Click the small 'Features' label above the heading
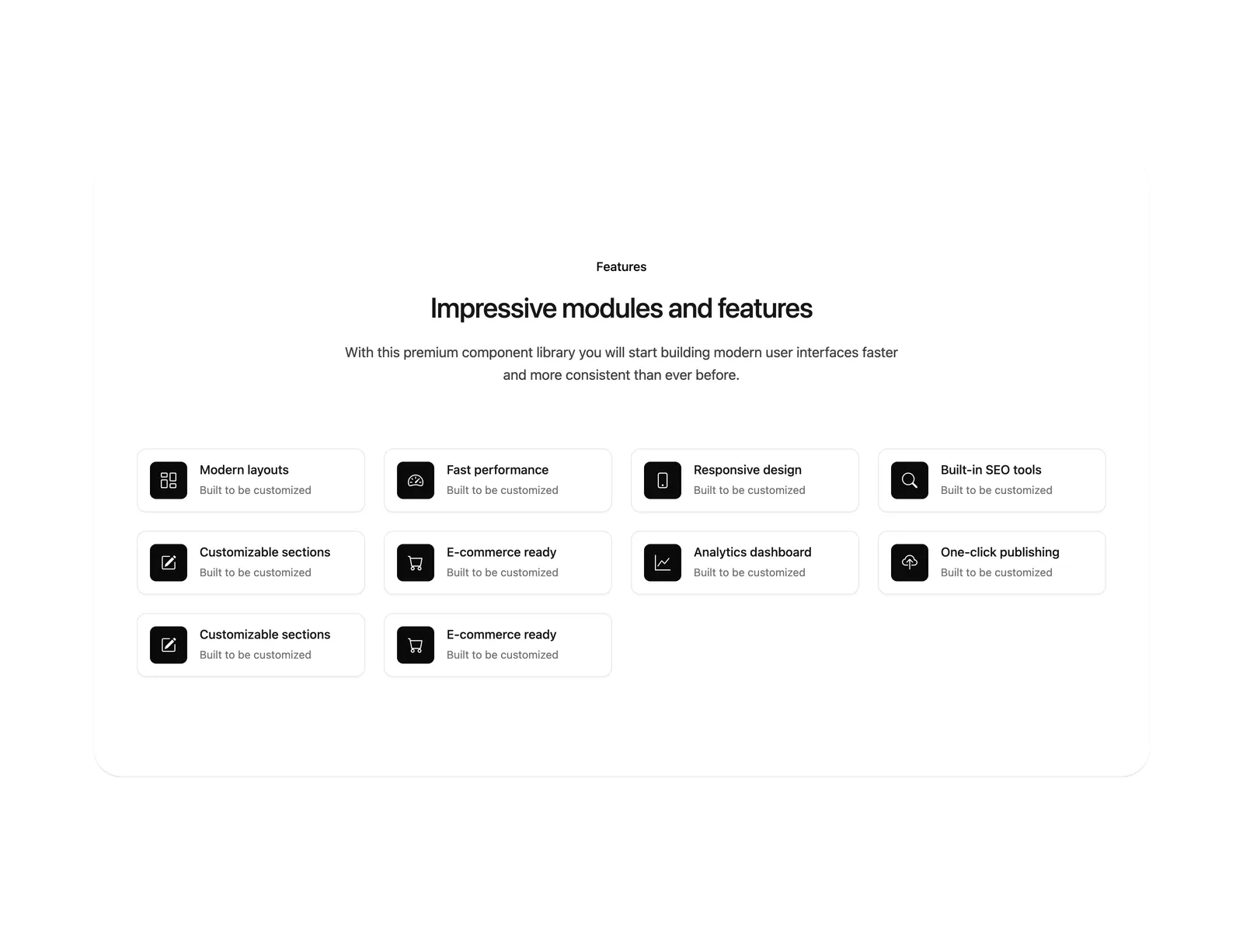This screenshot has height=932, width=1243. [x=621, y=266]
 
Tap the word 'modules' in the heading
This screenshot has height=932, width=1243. [x=612, y=308]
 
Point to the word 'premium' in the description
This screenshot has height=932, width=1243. [x=430, y=353]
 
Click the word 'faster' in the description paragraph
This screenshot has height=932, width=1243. [x=879, y=353]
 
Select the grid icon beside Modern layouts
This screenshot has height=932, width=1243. [x=168, y=481]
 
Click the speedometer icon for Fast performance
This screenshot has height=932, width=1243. [x=415, y=481]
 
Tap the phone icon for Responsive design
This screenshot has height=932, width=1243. [x=662, y=481]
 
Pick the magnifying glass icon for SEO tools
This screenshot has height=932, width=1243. [x=909, y=481]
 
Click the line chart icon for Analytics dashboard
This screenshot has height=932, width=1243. [x=662, y=562]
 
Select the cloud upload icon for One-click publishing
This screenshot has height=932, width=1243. [x=909, y=562]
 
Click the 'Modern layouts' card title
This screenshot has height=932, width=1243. [x=244, y=470]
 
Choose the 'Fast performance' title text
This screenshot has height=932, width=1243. [x=497, y=470]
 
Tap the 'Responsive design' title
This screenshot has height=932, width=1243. [x=747, y=470]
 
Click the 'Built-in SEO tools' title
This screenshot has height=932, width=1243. [x=991, y=470]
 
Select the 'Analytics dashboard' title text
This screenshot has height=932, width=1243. [x=752, y=551]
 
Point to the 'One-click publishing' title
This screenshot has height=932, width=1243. [x=1000, y=551]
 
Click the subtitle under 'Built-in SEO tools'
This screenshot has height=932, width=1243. [x=996, y=490]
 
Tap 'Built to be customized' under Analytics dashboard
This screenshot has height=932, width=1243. [x=749, y=572]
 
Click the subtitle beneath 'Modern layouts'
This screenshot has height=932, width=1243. [x=255, y=490]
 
